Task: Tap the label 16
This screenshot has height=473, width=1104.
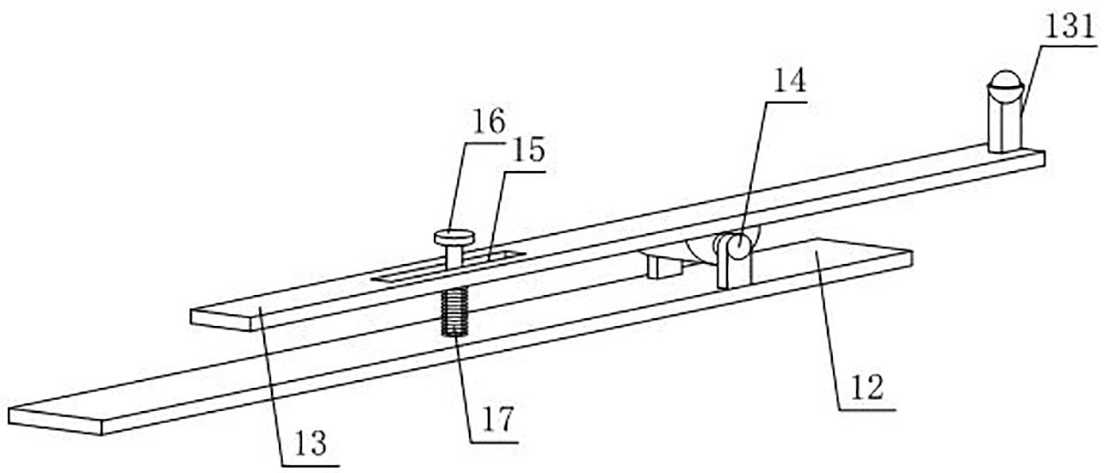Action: tap(488, 120)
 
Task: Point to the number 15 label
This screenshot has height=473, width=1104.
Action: tap(527, 151)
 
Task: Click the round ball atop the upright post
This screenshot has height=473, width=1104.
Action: tap(1003, 87)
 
